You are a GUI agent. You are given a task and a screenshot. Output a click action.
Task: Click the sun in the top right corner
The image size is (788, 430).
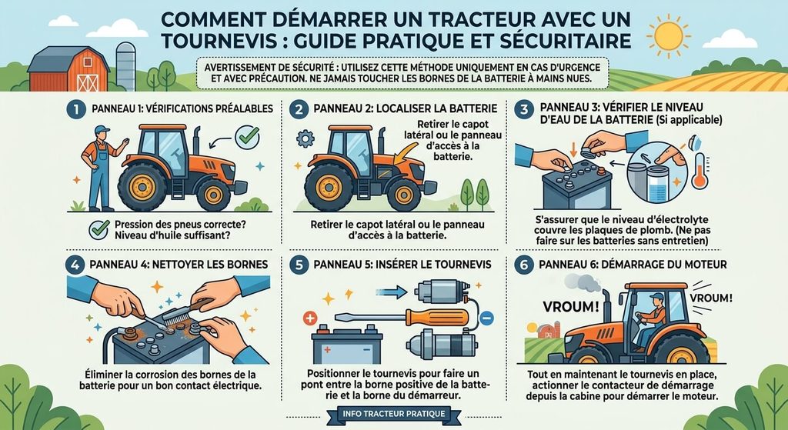(x=669, y=35)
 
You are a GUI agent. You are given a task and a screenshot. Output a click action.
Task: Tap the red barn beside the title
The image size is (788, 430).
(x=68, y=68)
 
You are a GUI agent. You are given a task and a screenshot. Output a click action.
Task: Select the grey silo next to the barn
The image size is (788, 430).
(x=125, y=66)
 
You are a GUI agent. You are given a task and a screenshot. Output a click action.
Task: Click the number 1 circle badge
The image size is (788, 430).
(x=76, y=109)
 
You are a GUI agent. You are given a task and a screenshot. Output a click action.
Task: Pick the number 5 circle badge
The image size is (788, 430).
(x=299, y=265)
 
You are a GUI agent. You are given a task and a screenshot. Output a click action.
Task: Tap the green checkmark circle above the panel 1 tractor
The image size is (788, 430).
(x=247, y=137)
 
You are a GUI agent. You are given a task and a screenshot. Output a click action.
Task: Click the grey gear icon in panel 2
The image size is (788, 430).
(x=305, y=138)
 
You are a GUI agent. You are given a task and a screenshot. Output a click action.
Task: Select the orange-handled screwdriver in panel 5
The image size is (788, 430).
(x=402, y=317)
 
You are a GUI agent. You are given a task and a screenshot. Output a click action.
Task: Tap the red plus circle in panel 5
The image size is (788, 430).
(x=310, y=318)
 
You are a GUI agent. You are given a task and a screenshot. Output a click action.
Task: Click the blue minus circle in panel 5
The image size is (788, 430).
(x=486, y=318)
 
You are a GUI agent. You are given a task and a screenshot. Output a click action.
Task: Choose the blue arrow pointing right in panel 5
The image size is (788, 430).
(x=391, y=292)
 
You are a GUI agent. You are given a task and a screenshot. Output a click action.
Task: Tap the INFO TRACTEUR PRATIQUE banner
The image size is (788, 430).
(x=394, y=414)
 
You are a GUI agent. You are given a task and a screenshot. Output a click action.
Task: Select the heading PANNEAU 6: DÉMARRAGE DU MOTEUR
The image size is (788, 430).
(x=633, y=264)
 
